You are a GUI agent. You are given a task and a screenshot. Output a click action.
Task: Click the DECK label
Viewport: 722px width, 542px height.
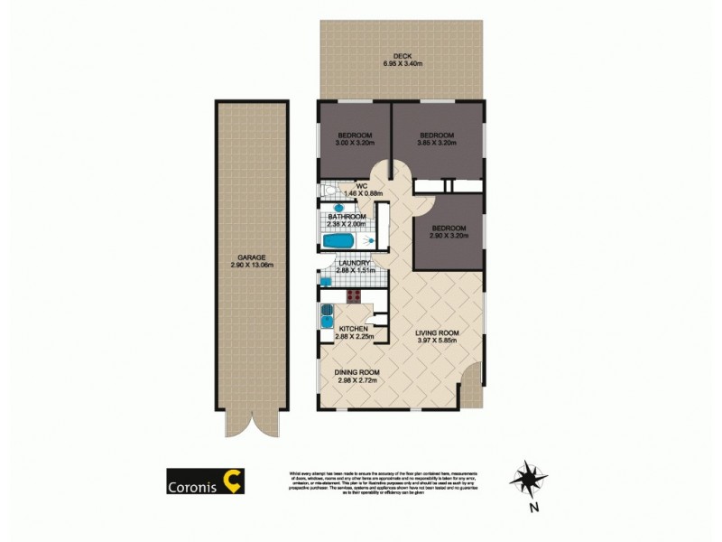click(x=403, y=55)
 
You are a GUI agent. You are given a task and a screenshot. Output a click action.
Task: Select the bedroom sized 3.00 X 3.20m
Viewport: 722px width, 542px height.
click(x=353, y=139)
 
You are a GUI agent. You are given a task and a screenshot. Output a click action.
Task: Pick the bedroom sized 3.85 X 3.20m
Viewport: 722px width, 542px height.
click(x=437, y=139)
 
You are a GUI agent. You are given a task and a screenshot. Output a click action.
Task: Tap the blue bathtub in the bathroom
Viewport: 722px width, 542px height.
click(x=341, y=242)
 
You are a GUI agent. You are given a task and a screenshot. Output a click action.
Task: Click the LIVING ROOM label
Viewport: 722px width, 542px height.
click(x=437, y=333)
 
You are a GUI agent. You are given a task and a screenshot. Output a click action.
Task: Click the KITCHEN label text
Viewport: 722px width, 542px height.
click(x=354, y=329)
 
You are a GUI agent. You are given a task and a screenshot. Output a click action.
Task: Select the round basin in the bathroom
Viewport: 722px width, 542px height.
click(x=367, y=242)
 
